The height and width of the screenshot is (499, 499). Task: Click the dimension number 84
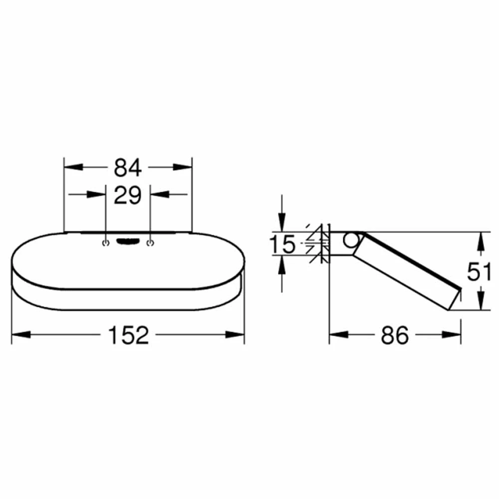click(128, 168)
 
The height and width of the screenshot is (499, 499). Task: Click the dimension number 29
click(128, 195)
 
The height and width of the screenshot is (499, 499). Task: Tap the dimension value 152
click(128, 335)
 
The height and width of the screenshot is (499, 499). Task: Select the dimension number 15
click(282, 244)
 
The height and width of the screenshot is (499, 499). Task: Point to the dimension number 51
click(479, 272)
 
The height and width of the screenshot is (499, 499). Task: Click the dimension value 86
click(395, 335)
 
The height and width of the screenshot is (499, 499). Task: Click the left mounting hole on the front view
click(106, 243)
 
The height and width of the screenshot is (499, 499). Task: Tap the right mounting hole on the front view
click(150, 243)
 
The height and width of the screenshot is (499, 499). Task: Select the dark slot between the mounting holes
click(128, 242)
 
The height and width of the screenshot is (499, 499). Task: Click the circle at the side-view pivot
click(351, 241)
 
